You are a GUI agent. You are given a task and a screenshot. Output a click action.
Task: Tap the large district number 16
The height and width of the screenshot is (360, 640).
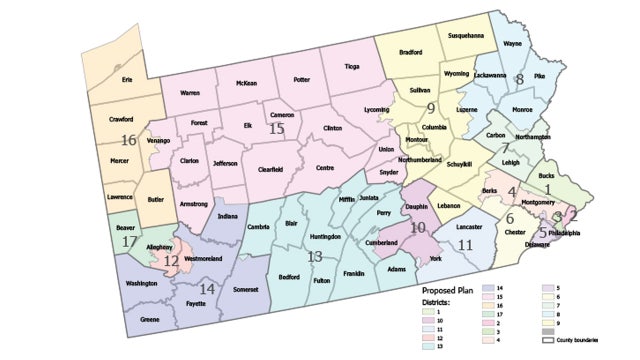[128, 140]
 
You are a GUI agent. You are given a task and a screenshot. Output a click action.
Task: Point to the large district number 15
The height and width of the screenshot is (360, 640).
[277, 128]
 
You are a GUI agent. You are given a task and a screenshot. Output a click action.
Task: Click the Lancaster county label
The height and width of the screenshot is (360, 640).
[470, 226]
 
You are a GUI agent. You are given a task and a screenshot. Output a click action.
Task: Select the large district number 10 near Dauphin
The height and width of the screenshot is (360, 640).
[419, 227]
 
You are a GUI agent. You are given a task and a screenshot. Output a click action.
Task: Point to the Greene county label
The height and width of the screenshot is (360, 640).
[150, 319]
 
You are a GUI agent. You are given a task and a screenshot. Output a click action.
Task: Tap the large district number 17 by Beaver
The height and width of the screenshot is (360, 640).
[129, 241]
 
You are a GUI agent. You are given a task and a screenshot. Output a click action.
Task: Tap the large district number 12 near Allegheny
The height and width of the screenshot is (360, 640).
[171, 261]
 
